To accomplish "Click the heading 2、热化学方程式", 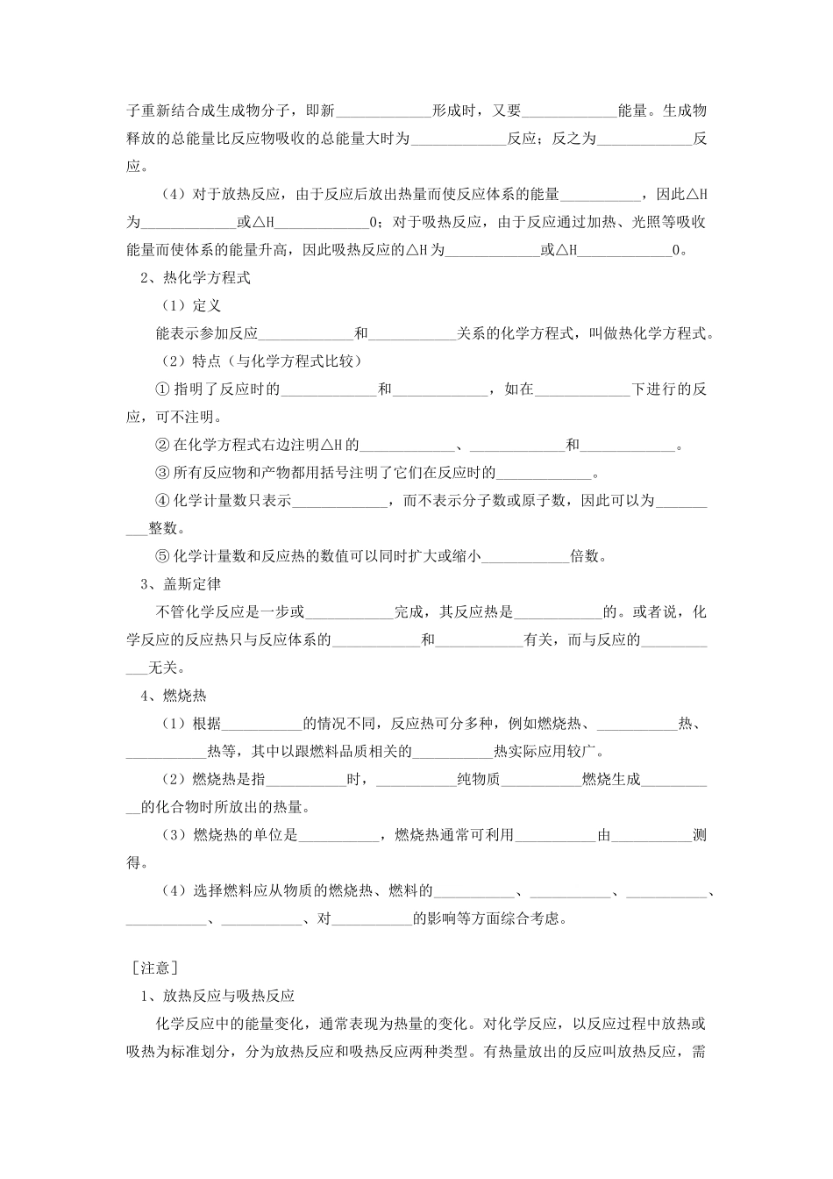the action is (196, 278).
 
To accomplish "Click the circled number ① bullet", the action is (161, 389).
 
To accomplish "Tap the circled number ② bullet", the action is (161, 446).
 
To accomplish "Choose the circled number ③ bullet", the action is (161, 474).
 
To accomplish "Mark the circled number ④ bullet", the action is (161, 501).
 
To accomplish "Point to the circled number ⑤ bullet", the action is (161, 556).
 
